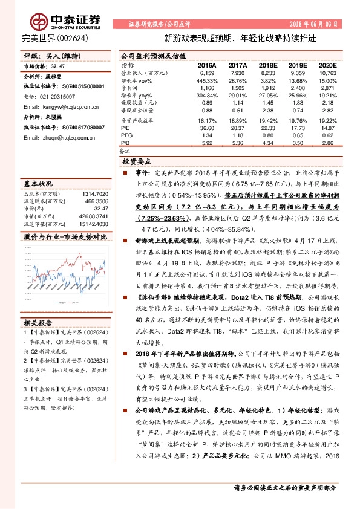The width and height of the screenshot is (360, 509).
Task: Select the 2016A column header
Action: click(x=207, y=64)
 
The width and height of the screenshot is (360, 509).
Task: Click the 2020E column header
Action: click(x=327, y=64)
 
